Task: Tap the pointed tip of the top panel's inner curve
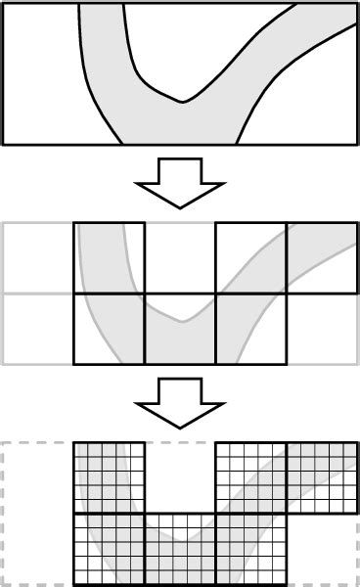pyautogui.click(x=183, y=101)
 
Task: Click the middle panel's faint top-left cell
pyautogui.click(x=39, y=258)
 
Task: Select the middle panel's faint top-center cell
pyautogui.click(x=180, y=258)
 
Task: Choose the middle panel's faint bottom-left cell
pyautogui.click(x=39, y=329)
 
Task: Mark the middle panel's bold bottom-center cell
pyautogui.click(x=180, y=329)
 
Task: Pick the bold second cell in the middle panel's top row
pyautogui.click(x=110, y=258)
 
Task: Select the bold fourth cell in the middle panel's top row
pyautogui.click(x=250, y=258)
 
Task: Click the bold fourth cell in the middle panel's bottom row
pyautogui.click(x=250, y=329)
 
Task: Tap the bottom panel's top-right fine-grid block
pyautogui.click(x=321, y=478)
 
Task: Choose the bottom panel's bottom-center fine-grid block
pyautogui.click(x=180, y=549)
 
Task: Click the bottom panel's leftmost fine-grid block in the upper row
pyautogui.click(x=110, y=478)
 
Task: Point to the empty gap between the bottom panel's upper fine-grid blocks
pyautogui.click(x=180, y=478)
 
